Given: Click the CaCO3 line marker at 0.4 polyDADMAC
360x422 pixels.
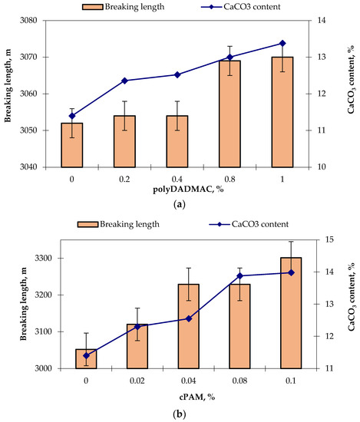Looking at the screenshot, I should click(177, 74).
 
